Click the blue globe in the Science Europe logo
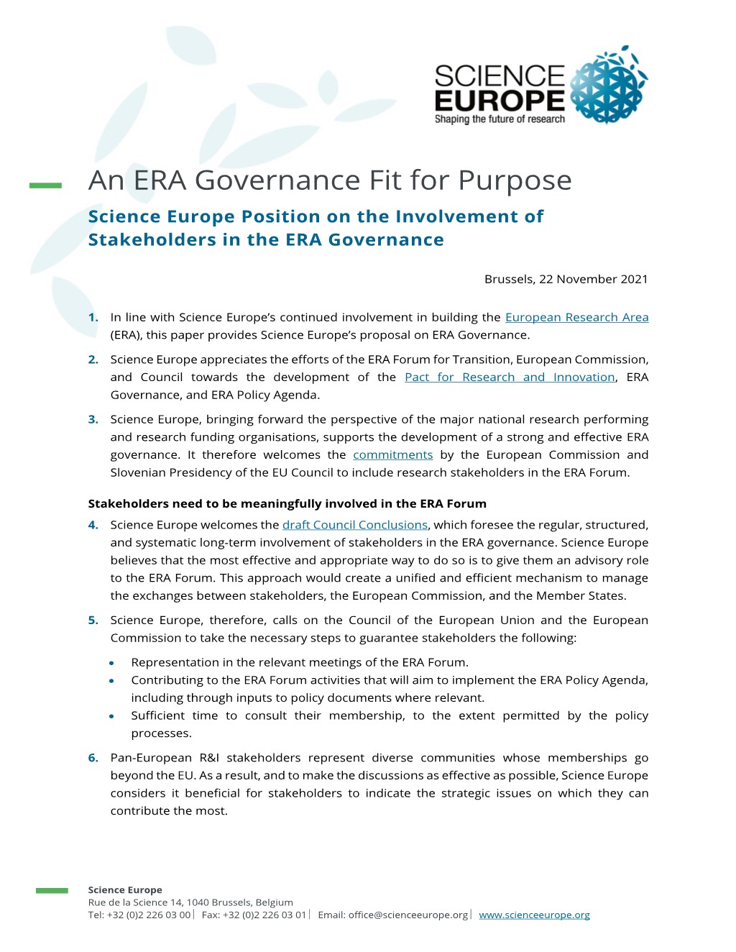(608, 87)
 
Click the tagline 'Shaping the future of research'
(500, 119)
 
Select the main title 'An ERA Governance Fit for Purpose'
(330, 180)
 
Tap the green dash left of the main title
(45, 186)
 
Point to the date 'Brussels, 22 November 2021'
(566, 279)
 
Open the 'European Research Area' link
(576, 317)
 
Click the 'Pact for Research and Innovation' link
(510, 377)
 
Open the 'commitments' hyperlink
(392, 454)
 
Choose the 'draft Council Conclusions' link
(355, 525)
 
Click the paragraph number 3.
(93, 419)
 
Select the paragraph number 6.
(93, 758)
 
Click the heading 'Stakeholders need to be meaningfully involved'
(287, 503)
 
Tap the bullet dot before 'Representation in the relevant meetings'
(112, 663)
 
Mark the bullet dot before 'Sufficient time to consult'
(112, 716)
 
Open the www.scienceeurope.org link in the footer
(534, 915)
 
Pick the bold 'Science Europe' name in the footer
(125, 890)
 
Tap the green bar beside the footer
(52, 891)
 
